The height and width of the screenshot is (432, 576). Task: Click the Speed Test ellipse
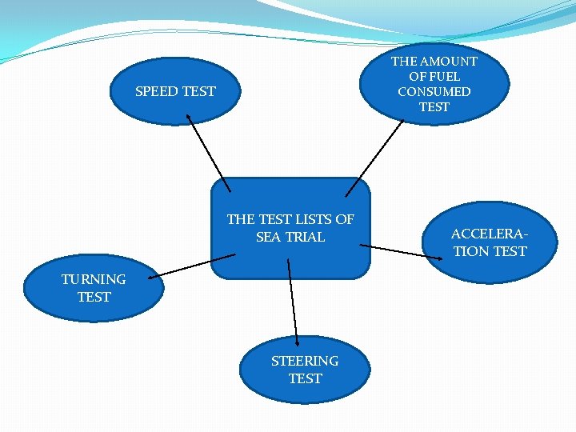point(175,91)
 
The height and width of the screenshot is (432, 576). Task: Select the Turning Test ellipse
point(94,288)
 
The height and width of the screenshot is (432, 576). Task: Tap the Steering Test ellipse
point(305,370)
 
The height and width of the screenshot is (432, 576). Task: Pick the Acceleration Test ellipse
point(489,242)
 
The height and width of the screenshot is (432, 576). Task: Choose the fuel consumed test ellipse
point(434,83)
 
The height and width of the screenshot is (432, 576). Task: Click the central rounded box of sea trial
point(290,228)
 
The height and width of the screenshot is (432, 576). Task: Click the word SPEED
point(157,91)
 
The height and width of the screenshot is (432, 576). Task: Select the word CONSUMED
point(434,91)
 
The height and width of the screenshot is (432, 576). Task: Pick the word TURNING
point(94,279)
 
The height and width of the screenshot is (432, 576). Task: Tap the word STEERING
point(305,361)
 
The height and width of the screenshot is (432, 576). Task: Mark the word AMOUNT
point(448,61)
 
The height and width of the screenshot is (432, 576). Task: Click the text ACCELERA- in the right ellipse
point(489,234)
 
